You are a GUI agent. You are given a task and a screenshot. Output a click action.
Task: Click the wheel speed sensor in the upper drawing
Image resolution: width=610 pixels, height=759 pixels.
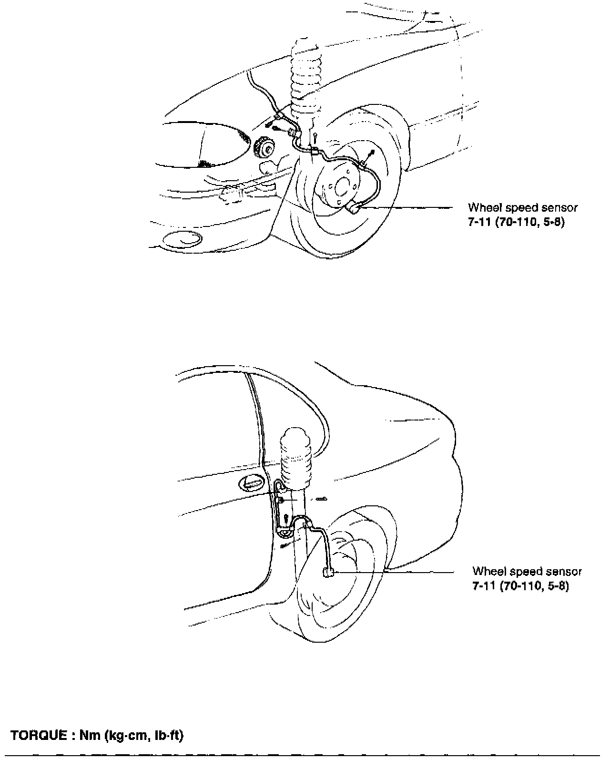pos(354,208)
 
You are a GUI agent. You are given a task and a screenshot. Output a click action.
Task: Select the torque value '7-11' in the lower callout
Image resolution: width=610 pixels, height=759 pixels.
pos(484,586)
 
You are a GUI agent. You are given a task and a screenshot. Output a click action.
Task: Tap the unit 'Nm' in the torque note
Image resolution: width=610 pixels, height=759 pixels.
pos(87,736)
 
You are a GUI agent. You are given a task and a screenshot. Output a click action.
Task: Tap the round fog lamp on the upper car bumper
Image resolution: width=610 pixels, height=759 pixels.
pos(180,239)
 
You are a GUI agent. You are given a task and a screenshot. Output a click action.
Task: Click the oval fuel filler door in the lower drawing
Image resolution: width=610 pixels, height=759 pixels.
pos(251,483)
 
